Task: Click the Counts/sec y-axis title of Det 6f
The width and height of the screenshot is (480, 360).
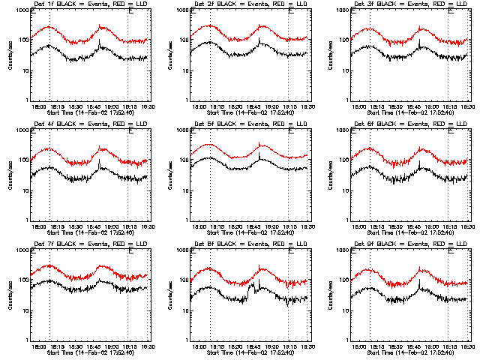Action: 331,176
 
